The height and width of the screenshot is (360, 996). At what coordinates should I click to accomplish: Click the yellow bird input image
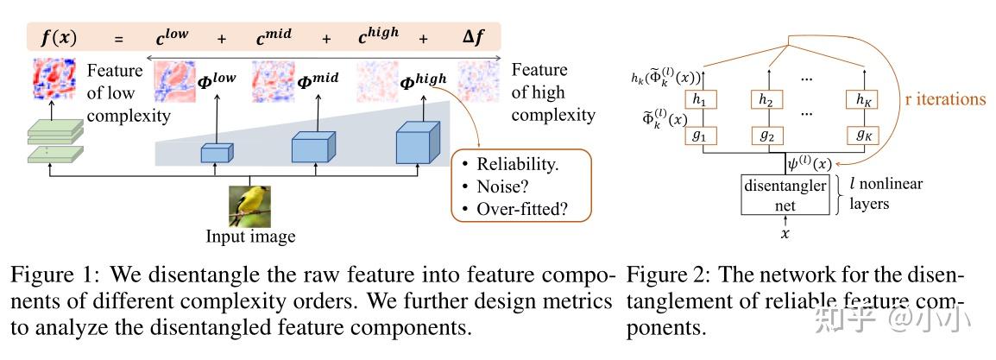coord(249,205)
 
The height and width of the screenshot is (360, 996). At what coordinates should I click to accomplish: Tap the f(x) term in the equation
coord(59,37)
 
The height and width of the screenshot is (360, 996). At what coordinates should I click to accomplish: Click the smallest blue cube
coord(217,153)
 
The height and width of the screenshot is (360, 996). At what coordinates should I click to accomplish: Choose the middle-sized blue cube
coord(312,148)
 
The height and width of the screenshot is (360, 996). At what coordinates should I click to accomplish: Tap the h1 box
coord(699,100)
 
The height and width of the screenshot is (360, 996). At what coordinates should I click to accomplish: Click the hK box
coord(861,100)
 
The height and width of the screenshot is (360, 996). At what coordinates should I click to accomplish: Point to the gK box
coord(861,136)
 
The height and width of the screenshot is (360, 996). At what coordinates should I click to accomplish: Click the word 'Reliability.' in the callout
coord(516,164)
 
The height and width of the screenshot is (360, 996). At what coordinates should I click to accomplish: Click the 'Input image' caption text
coord(250,237)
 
